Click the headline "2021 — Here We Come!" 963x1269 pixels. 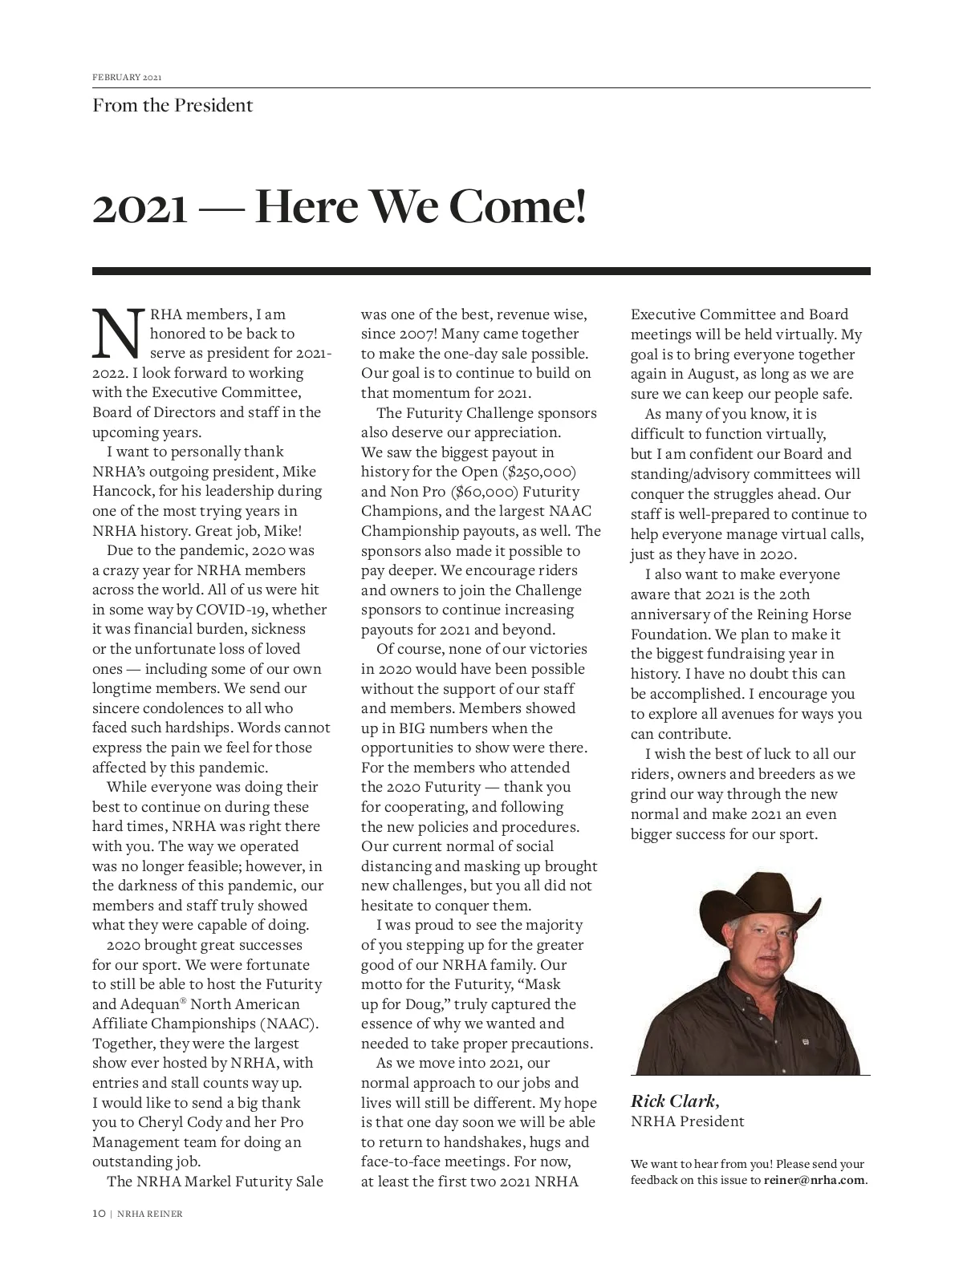(339, 207)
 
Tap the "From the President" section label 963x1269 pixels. (173, 106)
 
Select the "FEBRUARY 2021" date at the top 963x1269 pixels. (127, 78)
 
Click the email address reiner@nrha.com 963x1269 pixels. (815, 1180)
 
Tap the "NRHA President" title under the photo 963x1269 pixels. (687, 1121)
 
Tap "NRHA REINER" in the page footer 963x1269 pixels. (149, 1214)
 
